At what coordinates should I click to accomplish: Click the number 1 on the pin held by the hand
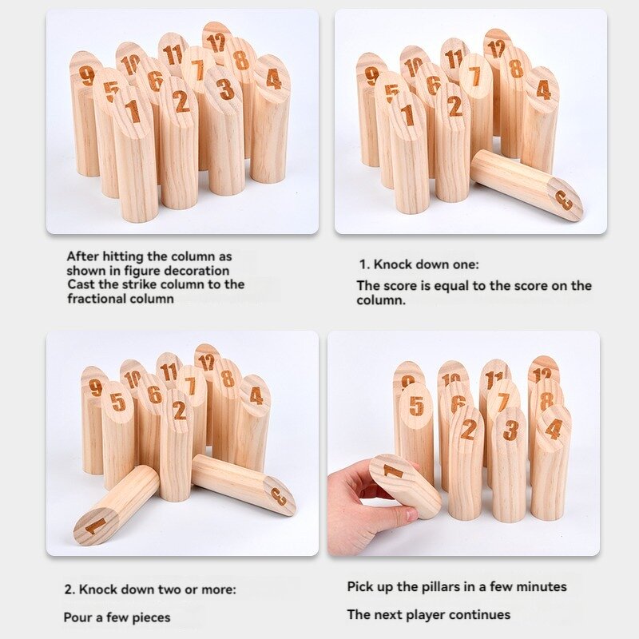coord(393,471)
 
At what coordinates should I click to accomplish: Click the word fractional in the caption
coord(100,299)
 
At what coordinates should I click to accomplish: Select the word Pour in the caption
coord(78,617)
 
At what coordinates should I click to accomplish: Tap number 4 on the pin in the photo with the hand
coord(553,428)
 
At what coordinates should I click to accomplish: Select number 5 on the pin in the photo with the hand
coord(416,405)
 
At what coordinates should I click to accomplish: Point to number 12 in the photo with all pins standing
coord(216,42)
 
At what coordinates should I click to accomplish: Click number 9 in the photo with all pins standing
coord(87,75)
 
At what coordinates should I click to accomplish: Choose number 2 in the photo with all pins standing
coord(181,101)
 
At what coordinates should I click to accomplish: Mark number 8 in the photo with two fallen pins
coord(228,379)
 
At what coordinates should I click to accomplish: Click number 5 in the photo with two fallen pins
coord(118,403)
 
